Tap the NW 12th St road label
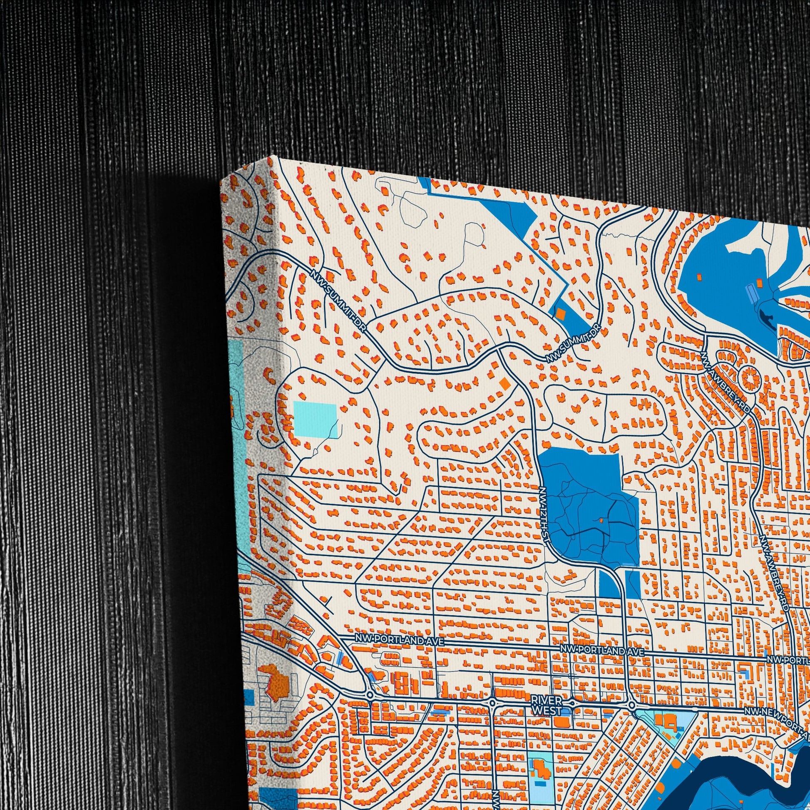pos(544,517)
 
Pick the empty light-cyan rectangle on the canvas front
pos(315,418)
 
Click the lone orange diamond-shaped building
pos(505,383)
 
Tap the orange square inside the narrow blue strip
pos(561,312)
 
